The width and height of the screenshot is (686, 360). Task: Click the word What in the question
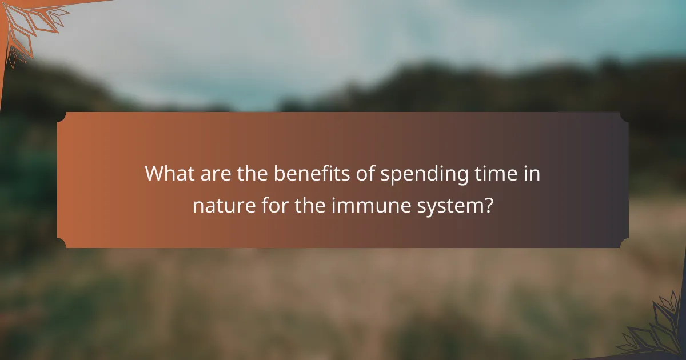[168, 173]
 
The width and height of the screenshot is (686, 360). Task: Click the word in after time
[531, 173]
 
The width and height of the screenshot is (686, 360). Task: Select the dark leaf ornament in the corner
[657, 329]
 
